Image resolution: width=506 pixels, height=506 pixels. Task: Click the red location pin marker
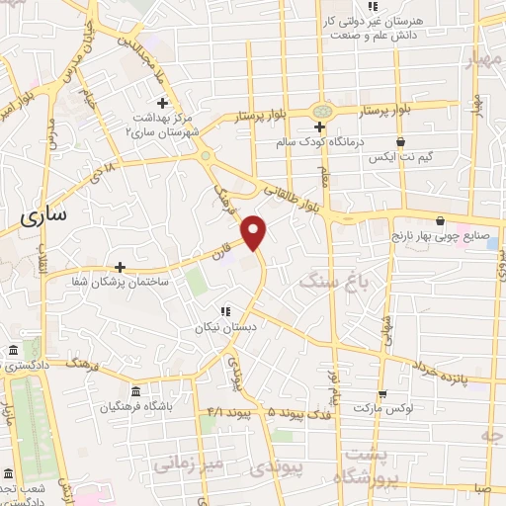(x=255, y=230)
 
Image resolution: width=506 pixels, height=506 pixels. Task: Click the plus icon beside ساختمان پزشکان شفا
(x=120, y=267)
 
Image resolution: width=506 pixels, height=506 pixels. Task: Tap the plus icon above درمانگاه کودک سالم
(x=319, y=126)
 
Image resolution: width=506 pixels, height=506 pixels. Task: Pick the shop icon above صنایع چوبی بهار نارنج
(x=440, y=221)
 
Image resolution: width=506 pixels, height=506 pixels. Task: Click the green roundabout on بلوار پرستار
(x=322, y=111)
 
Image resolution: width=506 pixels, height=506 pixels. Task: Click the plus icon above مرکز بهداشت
(x=163, y=103)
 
